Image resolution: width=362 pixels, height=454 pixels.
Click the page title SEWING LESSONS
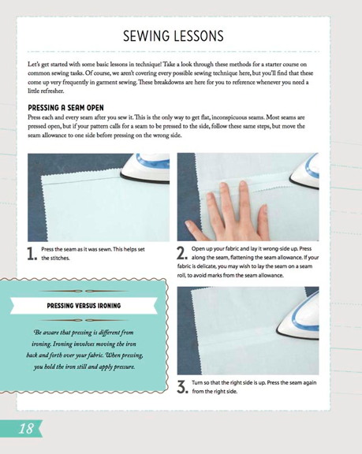pyautogui.click(x=174, y=36)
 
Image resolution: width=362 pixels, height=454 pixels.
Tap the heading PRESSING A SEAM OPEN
pyautogui.click(x=65, y=108)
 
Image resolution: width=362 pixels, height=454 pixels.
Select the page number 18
pyautogui.click(x=26, y=428)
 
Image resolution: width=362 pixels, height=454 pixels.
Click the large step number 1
pyautogui.click(x=32, y=254)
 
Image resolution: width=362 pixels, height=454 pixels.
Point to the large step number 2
pyautogui.click(x=182, y=253)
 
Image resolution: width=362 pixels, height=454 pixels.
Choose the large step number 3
pyautogui.click(x=182, y=387)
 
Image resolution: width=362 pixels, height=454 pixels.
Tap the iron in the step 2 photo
pyautogui.click(x=304, y=171)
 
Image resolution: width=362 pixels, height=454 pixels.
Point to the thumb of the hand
pyautogui.click(x=195, y=229)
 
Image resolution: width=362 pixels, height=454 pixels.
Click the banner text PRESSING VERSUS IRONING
pyautogui.click(x=84, y=306)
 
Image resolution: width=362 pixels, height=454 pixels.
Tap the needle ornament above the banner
pyautogui.click(x=84, y=291)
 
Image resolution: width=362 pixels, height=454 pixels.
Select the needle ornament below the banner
pyautogui.click(x=84, y=320)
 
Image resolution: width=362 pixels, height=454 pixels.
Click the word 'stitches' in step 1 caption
pyautogui.click(x=60, y=258)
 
